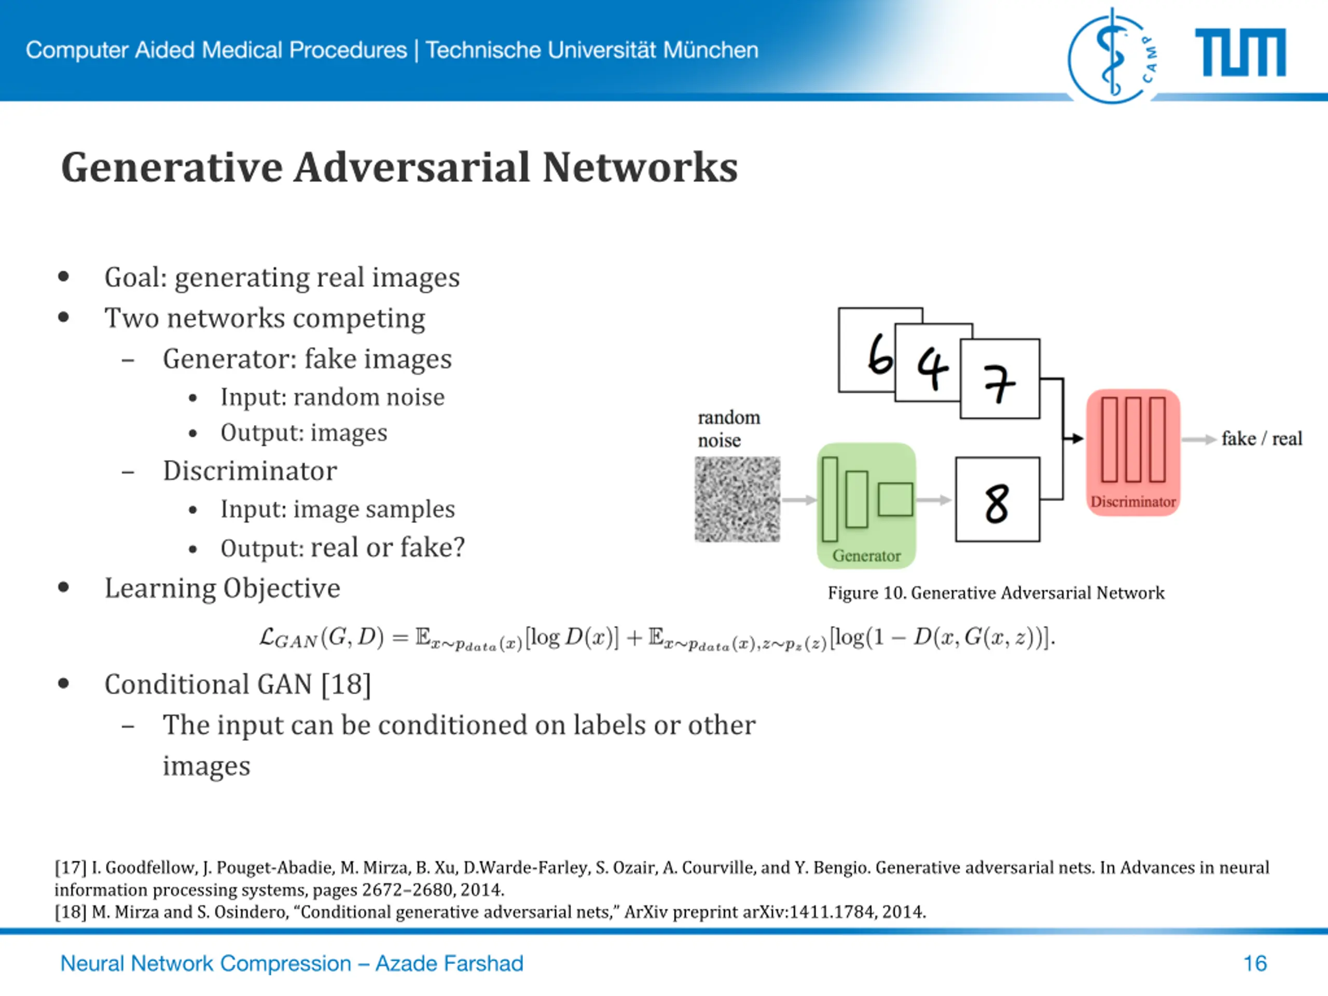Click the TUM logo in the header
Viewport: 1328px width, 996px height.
click(1240, 53)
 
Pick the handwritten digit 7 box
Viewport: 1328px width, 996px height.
click(1000, 379)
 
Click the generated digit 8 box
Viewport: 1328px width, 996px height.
click(997, 500)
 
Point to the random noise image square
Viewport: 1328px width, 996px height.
click(737, 500)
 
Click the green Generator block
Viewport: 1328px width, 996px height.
click(866, 505)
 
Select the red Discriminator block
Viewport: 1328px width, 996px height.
click(1133, 451)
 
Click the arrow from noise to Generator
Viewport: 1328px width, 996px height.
click(799, 500)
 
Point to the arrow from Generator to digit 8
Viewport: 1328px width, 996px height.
click(934, 500)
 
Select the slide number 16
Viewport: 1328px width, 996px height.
click(1255, 964)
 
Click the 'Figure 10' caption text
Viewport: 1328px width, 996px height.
click(995, 593)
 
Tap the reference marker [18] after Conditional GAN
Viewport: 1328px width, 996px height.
click(346, 684)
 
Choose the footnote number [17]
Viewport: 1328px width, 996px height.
click(70, 867)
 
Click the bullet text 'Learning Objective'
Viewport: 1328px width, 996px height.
click(222, 588)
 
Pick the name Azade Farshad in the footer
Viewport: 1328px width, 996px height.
click(449, 964)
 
